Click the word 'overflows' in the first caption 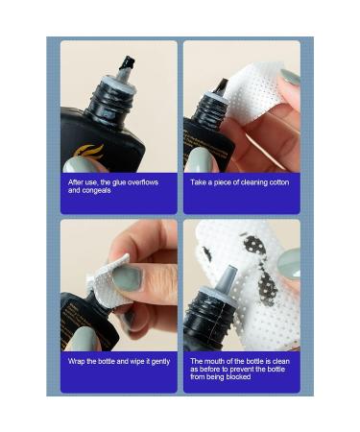tap(140, 181)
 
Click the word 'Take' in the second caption tap(199, 181)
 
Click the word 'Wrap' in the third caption tap(77, 361)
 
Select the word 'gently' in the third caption tap(158, 361)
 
